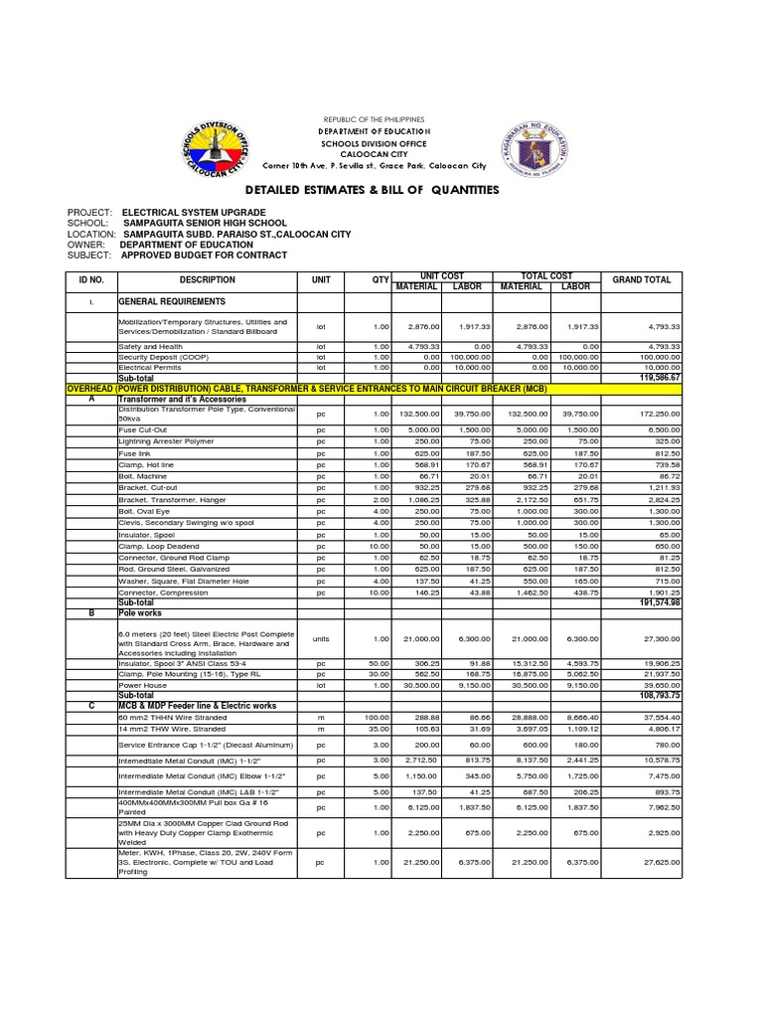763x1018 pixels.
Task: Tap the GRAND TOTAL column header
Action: (641, 280)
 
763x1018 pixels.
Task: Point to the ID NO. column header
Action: (91, 280)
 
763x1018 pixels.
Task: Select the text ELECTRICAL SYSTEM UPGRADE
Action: (194, 213)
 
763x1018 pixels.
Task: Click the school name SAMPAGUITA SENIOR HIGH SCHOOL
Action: (205, 224)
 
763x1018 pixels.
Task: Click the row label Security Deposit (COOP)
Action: (164, 356)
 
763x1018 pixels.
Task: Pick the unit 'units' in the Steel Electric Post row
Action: (321, 638)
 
